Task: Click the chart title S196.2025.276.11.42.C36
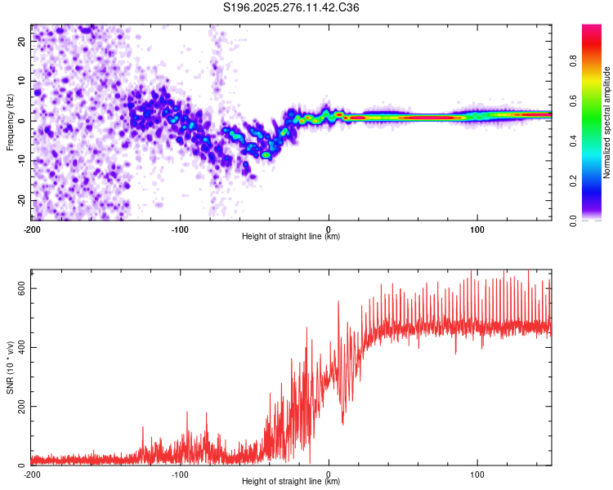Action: click(x=292, y=7)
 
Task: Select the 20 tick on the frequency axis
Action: click(x=22, y=40)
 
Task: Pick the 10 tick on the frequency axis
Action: click(x=22, y=80)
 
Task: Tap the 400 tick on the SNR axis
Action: click(x=18, y=347)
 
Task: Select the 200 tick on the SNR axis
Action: click(x=18, y=406)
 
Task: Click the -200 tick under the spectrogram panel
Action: click(x=31, y=228)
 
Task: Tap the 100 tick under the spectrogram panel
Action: click(x=477, y=228)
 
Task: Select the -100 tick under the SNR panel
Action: click(x=180, y=473)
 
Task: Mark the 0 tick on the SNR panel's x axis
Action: click(x=329, y=473)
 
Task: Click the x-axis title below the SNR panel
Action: click(x=291, y=482)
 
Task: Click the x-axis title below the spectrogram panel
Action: click(x=291, y=237)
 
